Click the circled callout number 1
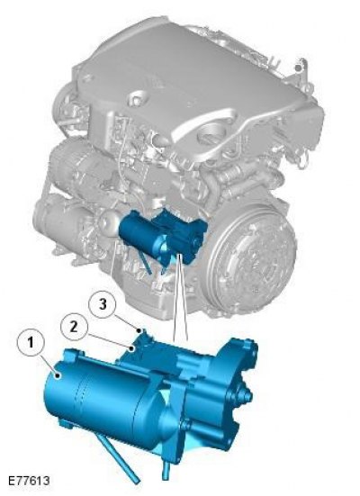[31, 343]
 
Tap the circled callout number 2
[74, 327]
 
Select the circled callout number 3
[102, 304]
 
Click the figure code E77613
[29, 481]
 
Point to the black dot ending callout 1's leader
[58, 375]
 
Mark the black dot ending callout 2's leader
[130, 348]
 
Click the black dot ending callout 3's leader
[139, 330]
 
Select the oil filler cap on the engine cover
[211, 134]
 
